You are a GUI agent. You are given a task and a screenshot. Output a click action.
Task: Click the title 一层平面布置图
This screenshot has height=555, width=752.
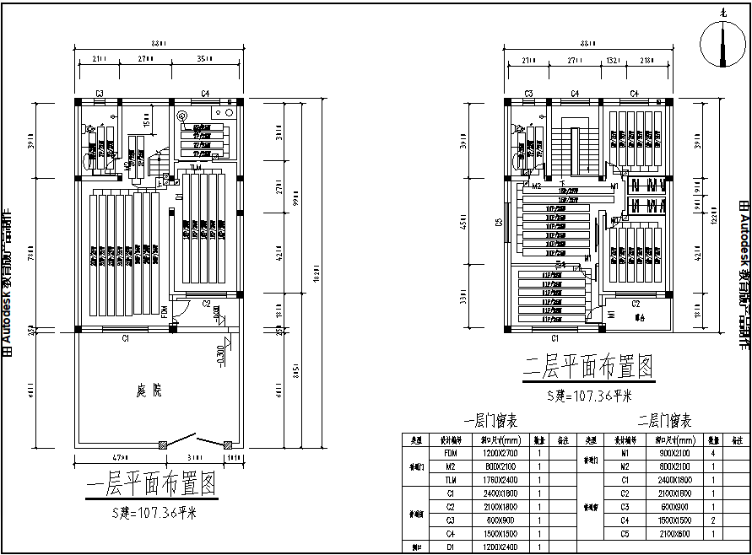click(x=151, y=486)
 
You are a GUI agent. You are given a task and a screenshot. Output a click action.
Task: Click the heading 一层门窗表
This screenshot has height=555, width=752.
click(x=490, y=422)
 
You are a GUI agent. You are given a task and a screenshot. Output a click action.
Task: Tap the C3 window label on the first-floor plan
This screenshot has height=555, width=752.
click(x=99, y=93)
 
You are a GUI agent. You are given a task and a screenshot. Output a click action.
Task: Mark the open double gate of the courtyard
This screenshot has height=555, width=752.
click(x=195, y=440)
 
